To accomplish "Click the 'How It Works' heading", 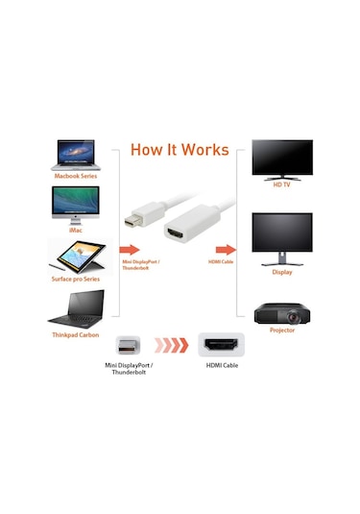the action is [179, 150].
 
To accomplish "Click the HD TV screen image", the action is [281, 159].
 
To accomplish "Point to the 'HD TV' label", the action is [281, 184].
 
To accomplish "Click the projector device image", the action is [281, 311].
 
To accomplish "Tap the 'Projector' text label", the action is [281, 330].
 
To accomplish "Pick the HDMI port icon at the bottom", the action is [221, 344].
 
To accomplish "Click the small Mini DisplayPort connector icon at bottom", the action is [129, 344].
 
